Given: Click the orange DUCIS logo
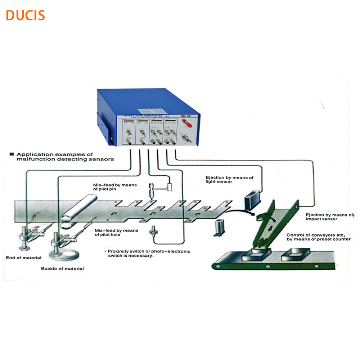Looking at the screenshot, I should coord(25,15).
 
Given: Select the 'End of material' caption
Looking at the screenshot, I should coord(24,258).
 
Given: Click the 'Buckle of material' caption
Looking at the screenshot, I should coord(62,269).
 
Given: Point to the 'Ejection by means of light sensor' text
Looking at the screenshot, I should coord(229,179).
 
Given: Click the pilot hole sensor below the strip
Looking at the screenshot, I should coord(154,230).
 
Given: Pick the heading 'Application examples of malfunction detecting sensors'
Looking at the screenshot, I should coord(61,157).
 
